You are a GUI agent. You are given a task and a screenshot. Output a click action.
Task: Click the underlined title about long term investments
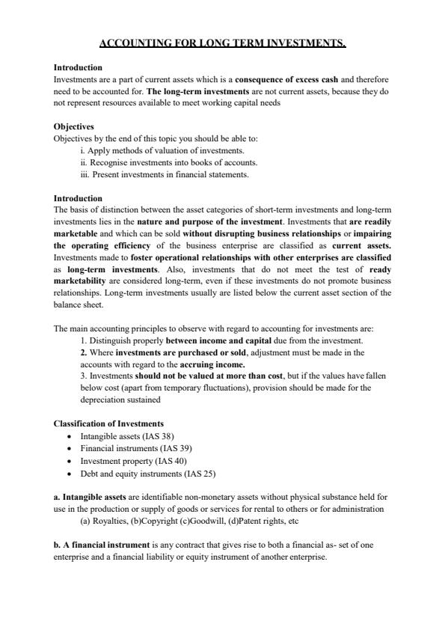[x=222, y=44]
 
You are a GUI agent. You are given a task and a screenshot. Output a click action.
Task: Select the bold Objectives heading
[x=74, y=127]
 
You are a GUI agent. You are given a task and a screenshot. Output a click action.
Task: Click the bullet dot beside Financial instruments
[x=70, y=449]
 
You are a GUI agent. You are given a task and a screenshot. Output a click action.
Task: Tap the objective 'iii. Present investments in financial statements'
[x=164, y=175]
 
